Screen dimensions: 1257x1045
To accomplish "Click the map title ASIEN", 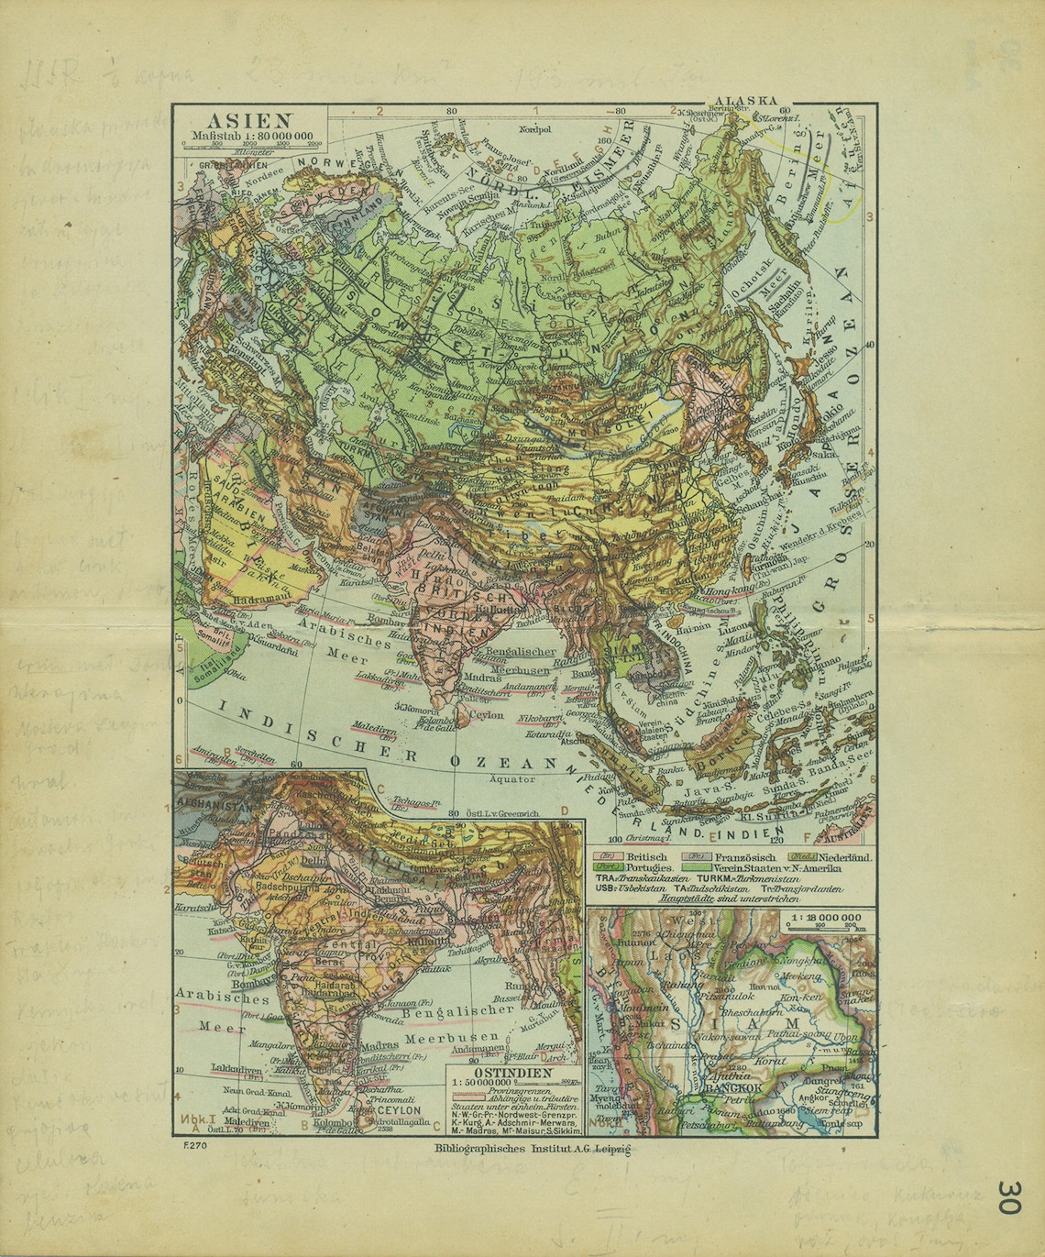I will click(248, 119).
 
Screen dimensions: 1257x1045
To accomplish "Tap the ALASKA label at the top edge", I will click(746, 101).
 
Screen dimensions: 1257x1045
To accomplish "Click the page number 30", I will click(1008, 1196).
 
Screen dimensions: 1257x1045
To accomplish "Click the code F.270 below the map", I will click(192, 1144).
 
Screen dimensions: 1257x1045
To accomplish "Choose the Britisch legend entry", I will click(645, 856).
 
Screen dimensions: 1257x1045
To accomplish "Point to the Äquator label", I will click(511, 778).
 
